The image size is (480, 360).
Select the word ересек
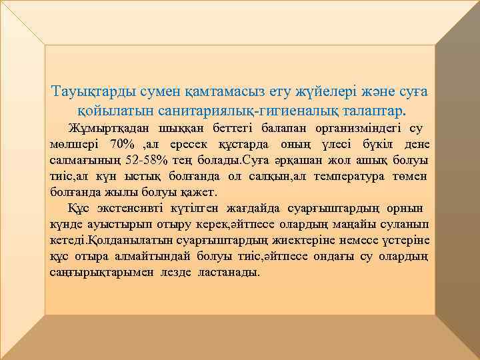tap(193, 144)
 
